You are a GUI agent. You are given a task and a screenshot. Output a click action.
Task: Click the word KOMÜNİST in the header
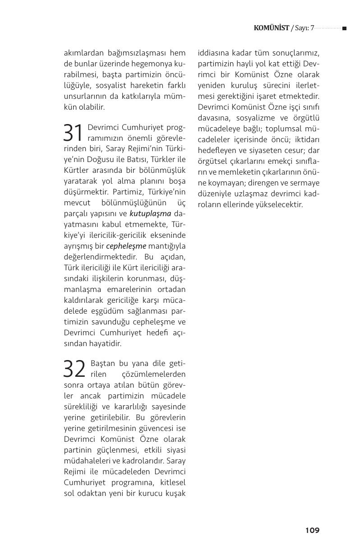(x=271, y=28)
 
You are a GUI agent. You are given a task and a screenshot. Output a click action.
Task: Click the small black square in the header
(x=344, y=28)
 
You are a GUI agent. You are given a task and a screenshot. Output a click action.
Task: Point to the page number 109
(x=312, y=530)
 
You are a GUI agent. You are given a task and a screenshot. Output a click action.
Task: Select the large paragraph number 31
(x=74, y=133)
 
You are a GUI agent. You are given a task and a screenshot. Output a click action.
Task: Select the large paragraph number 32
(x=75, y=369)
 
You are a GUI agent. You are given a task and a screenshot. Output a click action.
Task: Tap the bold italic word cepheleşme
(x=126, y=246)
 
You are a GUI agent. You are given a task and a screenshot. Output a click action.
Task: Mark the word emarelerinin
(x=125, y=289)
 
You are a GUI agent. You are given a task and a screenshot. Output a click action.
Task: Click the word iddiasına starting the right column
(x=215, y=53)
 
